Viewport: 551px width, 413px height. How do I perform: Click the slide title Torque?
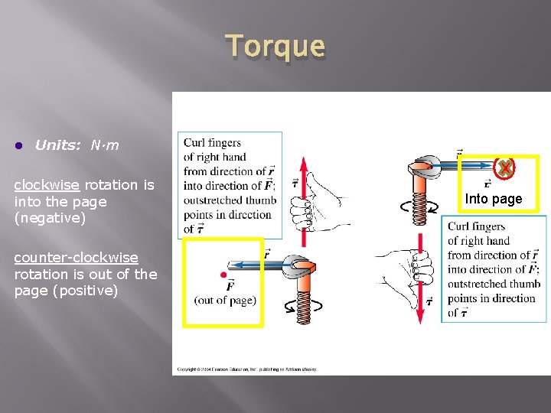tap(275, 47)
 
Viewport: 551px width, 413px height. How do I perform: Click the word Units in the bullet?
tap(57, 145)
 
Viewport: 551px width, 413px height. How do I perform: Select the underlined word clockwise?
tap(47, 184)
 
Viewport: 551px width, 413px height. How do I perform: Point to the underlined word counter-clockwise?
tap(76, 258)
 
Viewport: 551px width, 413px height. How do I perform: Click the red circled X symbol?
tap(504, 167)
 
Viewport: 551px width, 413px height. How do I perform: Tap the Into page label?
tap(494, 199)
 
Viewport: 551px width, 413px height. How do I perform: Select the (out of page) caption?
tap(225, 300)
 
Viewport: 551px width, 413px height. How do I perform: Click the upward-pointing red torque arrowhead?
tap(303, 164)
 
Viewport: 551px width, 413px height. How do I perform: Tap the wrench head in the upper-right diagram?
tap(424, 166)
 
